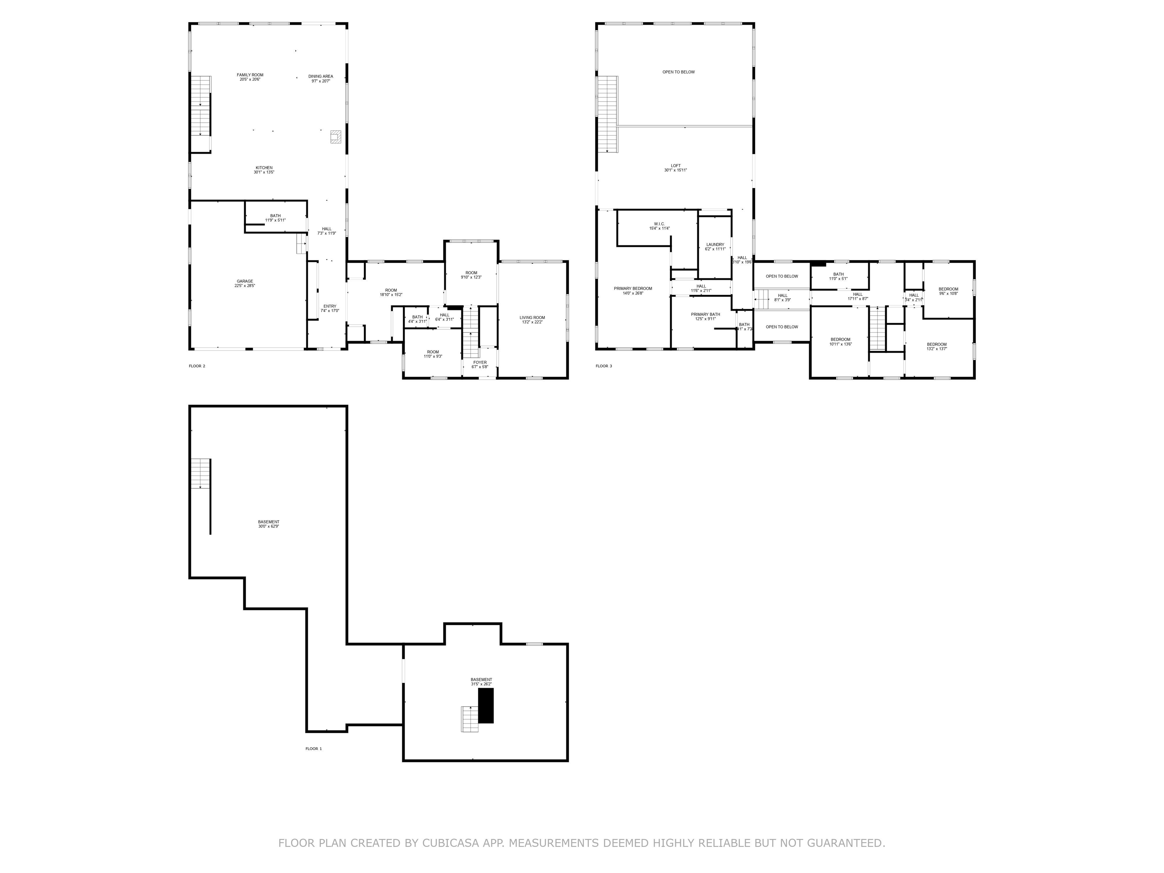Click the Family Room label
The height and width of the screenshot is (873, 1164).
pyautogui.click(x=250, y=77)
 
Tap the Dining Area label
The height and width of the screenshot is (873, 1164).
pyautogui.click(x=321, y=78)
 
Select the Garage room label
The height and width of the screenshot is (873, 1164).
pyautogui.click(x=245, y=283)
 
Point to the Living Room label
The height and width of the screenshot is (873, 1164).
pyautogui.click(x=532, y=319)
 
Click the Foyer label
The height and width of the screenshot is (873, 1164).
pyautogui.click(x=480, y=364)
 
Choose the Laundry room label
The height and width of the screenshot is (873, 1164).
pyautogui.click(x=715, y=246)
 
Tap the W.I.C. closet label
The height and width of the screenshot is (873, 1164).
pyautogui.click(x=659, y=226)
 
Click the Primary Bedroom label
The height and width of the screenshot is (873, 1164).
pyautogui.click(x=633, y=291)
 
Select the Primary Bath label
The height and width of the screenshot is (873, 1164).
pyautogui.click(x=705, y=316)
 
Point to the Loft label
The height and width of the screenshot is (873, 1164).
pyautogui.click(x=676, y=168)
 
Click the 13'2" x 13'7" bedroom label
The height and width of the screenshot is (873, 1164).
pyautogui.click(x=937, y=346)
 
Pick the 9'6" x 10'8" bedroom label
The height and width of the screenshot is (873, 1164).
pyautogui.click(x=948, y=291)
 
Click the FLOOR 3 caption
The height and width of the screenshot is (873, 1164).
pyautogui.click(x=604, y=366)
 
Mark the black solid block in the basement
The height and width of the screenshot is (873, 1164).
pyautogui.click(x=486, y=705)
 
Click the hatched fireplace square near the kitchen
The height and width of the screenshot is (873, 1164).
pyautogui.click(x=335, y=137)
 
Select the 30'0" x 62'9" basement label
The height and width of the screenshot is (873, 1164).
pyautogui.click(x=268, y=524)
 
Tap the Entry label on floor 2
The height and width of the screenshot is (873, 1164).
pyautogui.click(x=330, y=308)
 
